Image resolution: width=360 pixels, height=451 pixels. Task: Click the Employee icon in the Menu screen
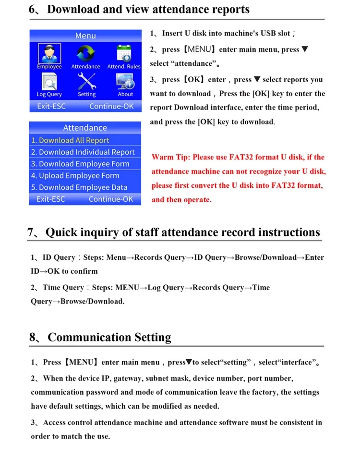point(49,53)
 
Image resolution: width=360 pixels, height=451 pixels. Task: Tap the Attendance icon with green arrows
point(85,53)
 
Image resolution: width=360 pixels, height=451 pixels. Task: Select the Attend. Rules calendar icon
point(124,53)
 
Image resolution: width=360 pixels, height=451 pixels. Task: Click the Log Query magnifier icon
point(49,82)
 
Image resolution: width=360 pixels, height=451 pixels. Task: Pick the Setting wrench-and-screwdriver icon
point(87,82)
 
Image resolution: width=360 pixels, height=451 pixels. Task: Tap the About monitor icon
point(125,82)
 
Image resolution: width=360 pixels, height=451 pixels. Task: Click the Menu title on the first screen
point(85,36)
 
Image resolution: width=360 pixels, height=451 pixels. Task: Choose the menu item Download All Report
point(70,140)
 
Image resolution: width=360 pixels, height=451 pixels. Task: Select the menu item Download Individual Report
point(83,152)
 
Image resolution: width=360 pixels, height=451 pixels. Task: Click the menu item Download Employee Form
point(80,164)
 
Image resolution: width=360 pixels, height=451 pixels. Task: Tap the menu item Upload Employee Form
point(75,176)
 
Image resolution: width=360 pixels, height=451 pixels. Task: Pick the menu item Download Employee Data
point(79,187)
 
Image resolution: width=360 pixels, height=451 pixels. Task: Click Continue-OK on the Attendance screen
point(111,199)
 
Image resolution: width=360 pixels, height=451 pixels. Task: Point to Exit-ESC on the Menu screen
point(51,106)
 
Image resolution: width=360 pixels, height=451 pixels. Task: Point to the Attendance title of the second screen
point(85,128)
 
